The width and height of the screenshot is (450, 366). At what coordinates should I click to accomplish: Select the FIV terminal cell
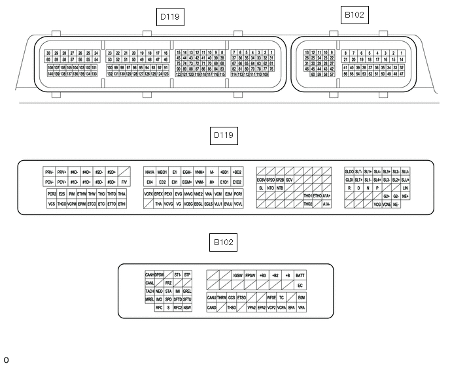click(124, 182)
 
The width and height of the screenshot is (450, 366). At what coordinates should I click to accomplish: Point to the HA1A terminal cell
click(150, 171)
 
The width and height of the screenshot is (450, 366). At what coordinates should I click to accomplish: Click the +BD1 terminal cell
click(224, 171)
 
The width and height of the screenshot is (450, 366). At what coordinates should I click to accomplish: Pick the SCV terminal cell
click(289, 179)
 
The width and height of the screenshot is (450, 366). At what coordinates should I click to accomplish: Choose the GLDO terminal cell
click(349, 171)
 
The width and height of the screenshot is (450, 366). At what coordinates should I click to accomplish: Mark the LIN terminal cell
click(406, 188)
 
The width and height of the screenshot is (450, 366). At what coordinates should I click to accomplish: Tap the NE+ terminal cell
click(406, 196)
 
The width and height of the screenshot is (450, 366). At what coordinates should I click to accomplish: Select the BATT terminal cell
click(300, 275)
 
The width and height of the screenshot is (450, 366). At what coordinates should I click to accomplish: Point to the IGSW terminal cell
click(238, 275)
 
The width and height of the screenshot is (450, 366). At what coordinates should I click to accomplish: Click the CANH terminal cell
click(149, 274)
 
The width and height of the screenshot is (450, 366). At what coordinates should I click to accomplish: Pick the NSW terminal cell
click(187, 307)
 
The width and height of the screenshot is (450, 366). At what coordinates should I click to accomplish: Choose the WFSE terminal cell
click(271, 298)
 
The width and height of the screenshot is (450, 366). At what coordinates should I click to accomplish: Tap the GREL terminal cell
click(187, 291)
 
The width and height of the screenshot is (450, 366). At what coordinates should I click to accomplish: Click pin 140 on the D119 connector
click(50, 74)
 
